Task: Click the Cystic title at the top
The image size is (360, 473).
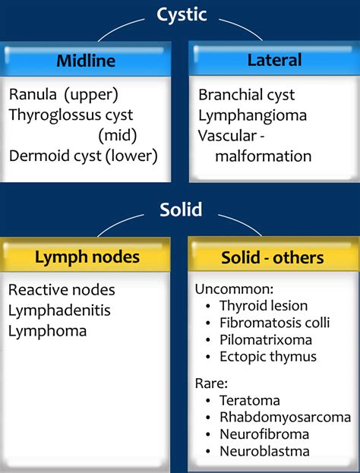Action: [182, 14]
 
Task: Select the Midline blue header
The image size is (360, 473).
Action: [86, 60]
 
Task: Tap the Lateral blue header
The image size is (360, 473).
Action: [274, 60]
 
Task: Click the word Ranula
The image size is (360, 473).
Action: [33, 94]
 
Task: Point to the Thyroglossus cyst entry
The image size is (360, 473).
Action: [71, 115]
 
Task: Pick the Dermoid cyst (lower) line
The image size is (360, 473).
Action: [84, 156]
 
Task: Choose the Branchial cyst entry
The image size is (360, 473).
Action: [247, 95]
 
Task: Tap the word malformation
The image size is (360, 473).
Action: [263, 156]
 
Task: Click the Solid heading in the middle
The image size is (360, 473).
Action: [181, 210]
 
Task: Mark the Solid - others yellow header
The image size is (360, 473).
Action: [273, 258]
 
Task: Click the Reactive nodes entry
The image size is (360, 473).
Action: [62, 290]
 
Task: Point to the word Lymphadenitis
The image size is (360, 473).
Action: [59, 311]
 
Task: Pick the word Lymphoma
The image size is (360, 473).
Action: [47, 331]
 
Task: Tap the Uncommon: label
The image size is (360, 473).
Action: [234, 289]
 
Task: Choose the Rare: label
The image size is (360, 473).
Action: [211, 383]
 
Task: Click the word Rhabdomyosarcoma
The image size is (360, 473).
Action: [285, 418]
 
